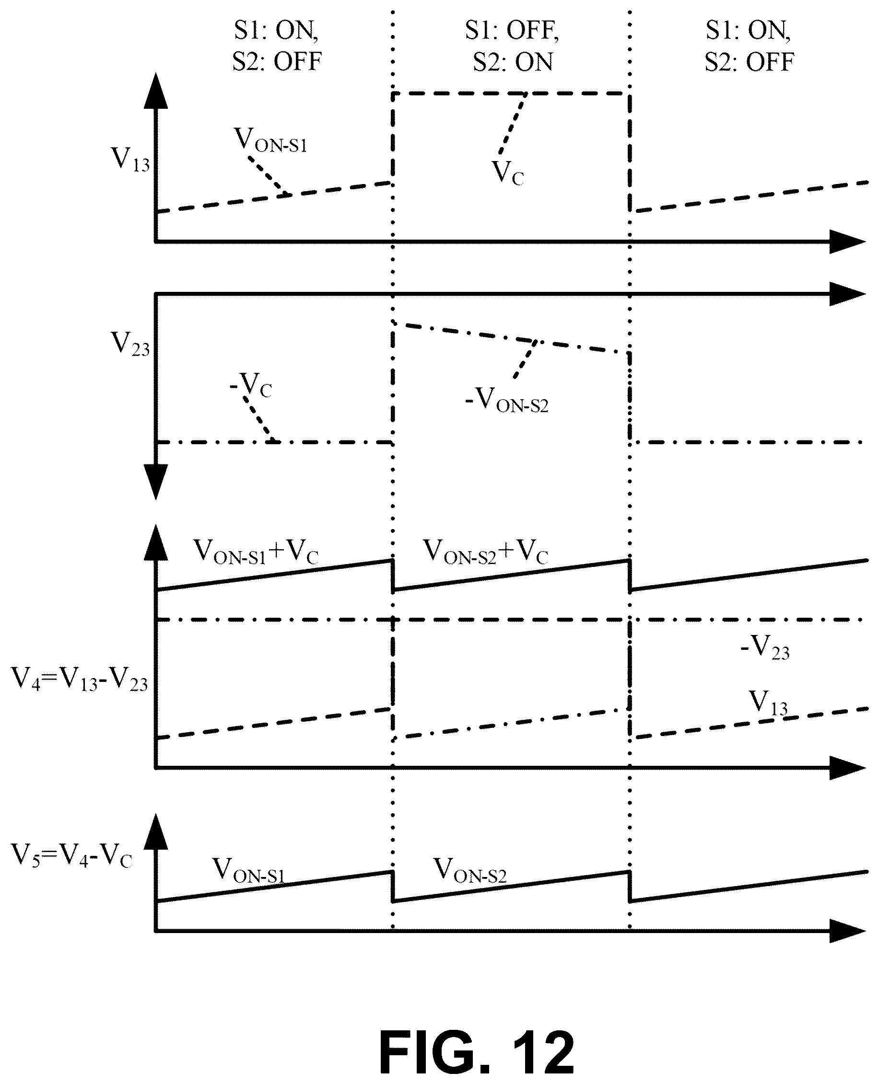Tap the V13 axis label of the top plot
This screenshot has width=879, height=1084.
(130, 160)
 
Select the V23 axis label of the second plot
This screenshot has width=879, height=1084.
(130, 344)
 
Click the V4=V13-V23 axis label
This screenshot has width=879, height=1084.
(80, 679)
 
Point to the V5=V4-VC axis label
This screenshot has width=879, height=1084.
(72, 856)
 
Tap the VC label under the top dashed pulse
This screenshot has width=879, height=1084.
(508, 173)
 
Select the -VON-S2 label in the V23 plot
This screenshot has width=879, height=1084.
(507, 400)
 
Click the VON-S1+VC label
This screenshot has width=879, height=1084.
(256, 551)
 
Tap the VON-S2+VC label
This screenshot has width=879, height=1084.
(486, 551)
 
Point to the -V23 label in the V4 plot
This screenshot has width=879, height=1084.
(765, 648)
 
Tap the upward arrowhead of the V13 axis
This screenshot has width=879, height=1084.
(156, 91)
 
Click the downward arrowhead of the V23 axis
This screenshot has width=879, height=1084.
(156, 482)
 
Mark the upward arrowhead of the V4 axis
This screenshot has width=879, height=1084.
(156, 543)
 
